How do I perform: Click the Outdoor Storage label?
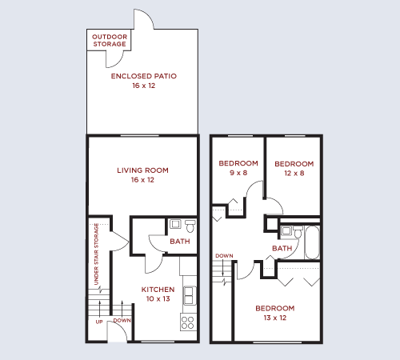[110, 40]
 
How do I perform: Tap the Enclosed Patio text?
[144, 76]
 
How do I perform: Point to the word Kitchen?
[158, 289]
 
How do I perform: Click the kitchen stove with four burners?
[189, 322]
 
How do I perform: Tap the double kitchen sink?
[190, 295]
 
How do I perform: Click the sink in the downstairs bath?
[174, 225]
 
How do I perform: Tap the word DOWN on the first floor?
[122, 320]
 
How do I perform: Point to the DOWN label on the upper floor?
[224, 256]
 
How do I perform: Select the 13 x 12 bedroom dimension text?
[275, 318]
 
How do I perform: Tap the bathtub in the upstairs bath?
[312, 241]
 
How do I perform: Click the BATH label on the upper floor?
[282, 249]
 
